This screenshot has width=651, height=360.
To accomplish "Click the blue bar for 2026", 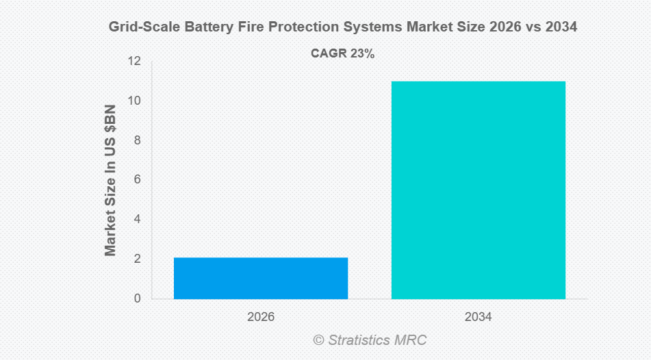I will coord(261,278).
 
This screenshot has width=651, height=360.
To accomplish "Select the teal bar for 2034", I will coord(478,190).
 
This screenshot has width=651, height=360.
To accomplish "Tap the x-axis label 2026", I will coord(261,318).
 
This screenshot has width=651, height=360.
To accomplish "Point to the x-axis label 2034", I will coord(478,318).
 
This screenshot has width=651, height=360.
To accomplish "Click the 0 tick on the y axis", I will coord(137,298).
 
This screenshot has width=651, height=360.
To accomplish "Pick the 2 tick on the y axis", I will coord(137,259).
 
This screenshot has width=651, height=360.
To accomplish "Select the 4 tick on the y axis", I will coord(137,219).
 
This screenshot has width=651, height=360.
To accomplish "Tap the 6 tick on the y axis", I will coord(137,179).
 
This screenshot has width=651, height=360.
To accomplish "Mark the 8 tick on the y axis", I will coord(137,140).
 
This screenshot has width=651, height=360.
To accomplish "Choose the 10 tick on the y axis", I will coord(134,101).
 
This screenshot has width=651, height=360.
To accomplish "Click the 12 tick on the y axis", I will coord(134,61).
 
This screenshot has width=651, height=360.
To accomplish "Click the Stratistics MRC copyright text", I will coord(370,340).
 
